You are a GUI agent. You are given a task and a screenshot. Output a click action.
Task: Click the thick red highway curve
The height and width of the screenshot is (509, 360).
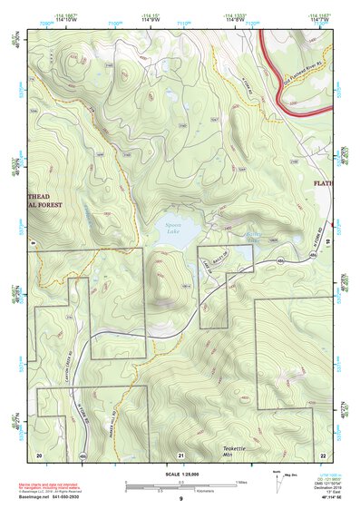coord(272,64)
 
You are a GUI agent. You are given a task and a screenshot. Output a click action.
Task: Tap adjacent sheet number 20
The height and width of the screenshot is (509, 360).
coord(39,453)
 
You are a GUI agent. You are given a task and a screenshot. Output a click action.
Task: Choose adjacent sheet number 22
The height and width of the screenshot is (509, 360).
coord(322,453)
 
